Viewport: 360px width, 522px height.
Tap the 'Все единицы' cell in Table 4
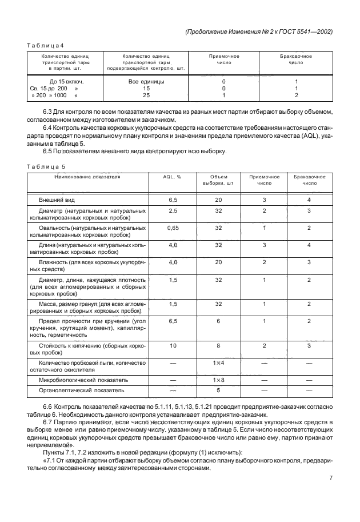point(146,82)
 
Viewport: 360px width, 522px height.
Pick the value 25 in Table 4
point(146,96)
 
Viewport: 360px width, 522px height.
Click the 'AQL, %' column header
point(172,177)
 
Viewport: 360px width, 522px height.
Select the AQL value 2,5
point(172,212)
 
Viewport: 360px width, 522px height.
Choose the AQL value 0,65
point(172,228)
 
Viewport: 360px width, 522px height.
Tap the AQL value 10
point(172,346)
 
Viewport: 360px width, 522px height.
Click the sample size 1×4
point(218,363)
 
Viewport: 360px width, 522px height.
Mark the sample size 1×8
point(218,380)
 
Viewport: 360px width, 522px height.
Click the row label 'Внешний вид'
point(57,201)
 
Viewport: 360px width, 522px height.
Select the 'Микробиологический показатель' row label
point(83,380)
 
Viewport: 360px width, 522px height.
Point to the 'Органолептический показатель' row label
point(81,390)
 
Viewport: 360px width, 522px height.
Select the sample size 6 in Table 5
point(218,321)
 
